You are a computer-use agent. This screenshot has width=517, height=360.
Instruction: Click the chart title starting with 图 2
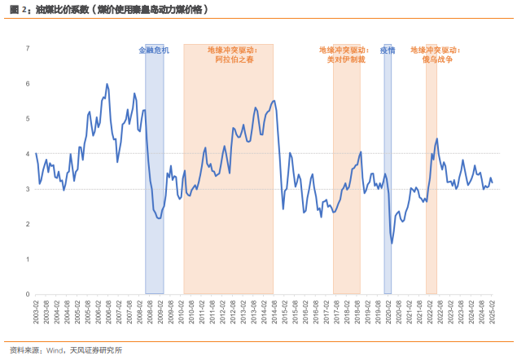(x=108, y=11)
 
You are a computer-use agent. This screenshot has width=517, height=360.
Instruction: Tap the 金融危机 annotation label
(x=154, y=50)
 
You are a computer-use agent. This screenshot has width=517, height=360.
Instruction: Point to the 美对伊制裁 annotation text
(x=345, y=59)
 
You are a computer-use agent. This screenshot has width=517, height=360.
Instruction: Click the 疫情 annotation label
(x=388, y=50)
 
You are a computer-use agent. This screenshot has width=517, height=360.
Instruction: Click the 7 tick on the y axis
(x=28, y=48)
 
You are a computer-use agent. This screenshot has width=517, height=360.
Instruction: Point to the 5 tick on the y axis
(x=28, y=119)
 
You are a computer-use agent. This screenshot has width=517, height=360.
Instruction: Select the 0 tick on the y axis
(x=28, y=294)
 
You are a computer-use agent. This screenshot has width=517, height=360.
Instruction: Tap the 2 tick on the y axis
(x=28, y=224)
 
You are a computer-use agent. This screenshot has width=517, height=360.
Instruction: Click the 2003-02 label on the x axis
(x=36, y=311)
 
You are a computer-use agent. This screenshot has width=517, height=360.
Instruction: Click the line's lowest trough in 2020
(x=392, y=243)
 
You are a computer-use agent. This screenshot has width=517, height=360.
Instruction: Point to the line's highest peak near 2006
(x=107, y=84)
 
